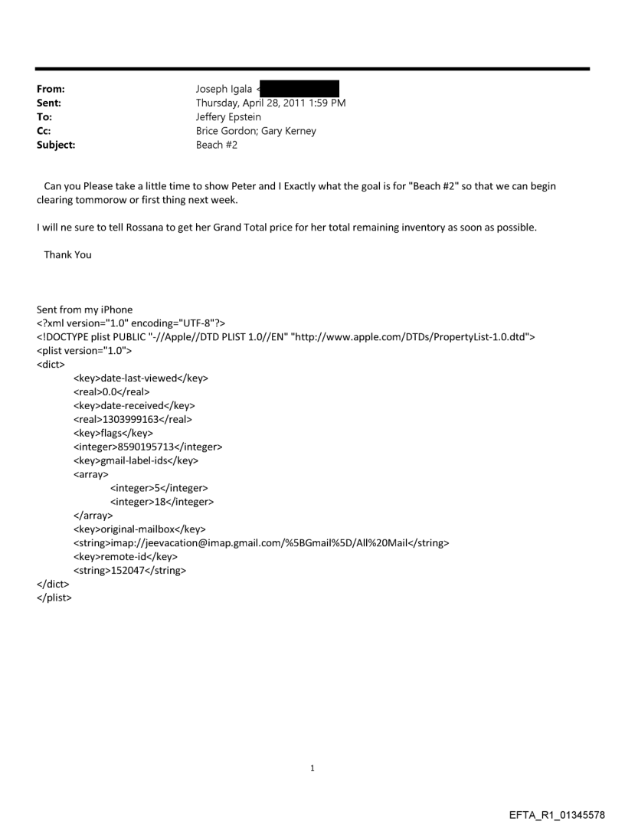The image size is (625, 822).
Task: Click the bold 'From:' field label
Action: click(x=51, y=90)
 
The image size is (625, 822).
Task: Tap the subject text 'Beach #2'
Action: click(x=217, y=145)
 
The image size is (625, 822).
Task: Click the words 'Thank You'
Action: click(x=67, y=254)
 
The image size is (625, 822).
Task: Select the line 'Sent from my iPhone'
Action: click(x=84, y=309)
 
